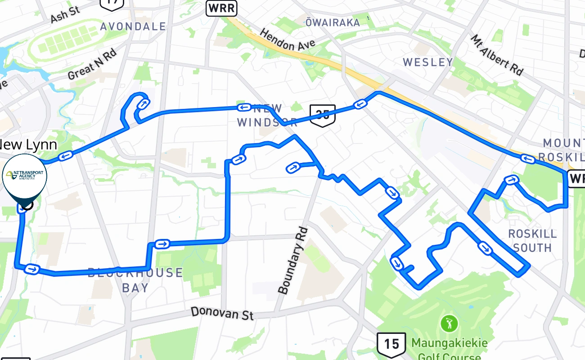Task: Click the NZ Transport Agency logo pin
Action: (25, 176)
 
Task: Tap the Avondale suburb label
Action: (133, 27)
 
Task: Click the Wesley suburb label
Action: (428, 62)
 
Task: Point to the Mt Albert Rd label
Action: (497, 55)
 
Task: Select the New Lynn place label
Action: (28, 144)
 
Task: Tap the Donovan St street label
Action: (222, 313)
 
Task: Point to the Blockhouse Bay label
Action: (135, 279)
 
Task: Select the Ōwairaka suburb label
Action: (333, 22)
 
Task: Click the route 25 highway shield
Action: (323, 115)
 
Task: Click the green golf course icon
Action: (449, 324)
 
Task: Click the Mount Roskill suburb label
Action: (563, 150)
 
